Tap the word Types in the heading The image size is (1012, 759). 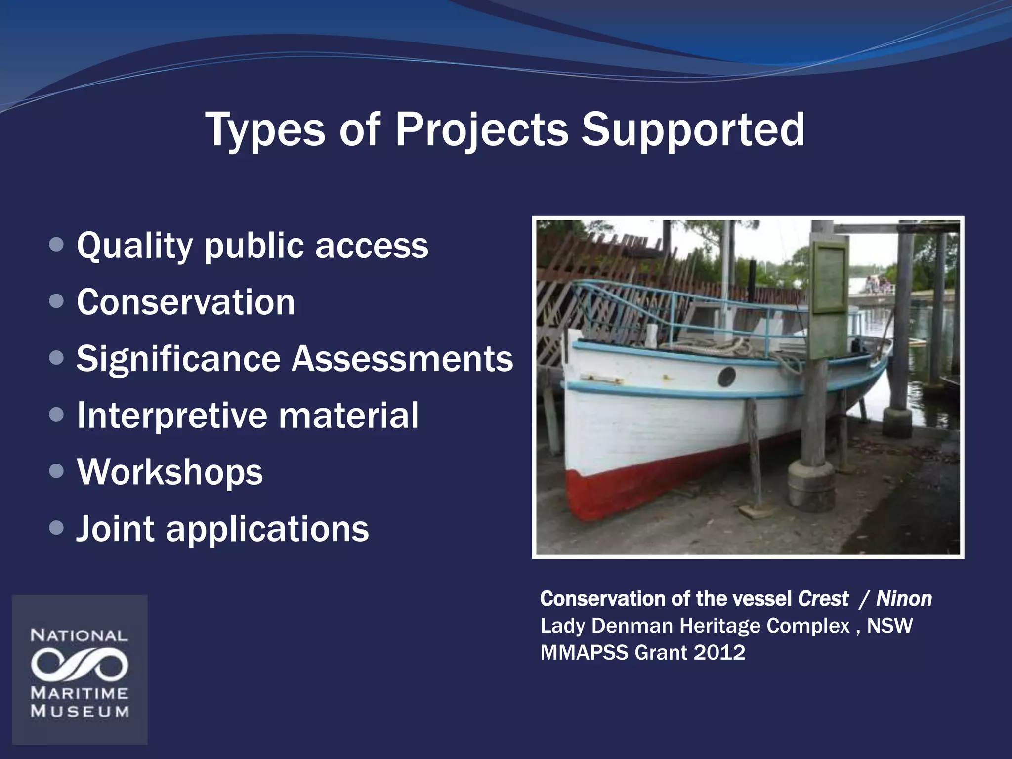(265, 129)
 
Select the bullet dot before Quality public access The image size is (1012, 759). (57, 245)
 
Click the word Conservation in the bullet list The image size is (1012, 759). (186, 302)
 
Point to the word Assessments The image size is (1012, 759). (402, 359)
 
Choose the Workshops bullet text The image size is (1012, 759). (170, 472)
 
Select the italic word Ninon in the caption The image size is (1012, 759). (904, 599)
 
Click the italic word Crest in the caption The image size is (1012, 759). (823, 599)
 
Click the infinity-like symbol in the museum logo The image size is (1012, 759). (80, 665)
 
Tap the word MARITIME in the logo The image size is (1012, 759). (80, 693)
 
